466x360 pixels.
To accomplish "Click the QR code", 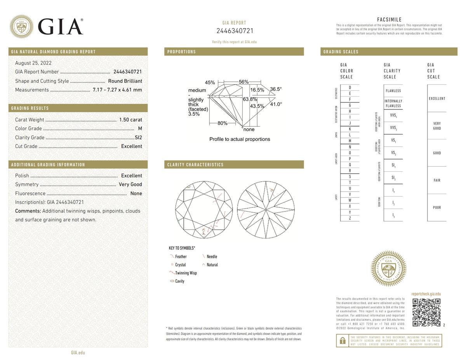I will [426, 313].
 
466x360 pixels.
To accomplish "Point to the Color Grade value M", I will [140, 129].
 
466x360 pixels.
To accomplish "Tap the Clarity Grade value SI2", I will [138, 137].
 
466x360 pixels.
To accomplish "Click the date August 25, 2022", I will [33, 63].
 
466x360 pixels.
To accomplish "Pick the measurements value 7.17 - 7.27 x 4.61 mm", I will [117, 90].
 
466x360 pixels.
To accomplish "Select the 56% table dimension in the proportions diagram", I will [243, 82].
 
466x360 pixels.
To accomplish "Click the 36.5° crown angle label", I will [276, 89].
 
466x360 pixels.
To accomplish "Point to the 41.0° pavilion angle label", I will [276, 104].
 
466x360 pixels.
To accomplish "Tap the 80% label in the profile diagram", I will [223, 123].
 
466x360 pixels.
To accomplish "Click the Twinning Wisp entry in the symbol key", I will [186, 273].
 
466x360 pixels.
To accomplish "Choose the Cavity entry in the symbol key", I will [179, 281].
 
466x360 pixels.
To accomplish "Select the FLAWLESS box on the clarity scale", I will [393, 91].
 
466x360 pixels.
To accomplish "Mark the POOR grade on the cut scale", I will [437, 208].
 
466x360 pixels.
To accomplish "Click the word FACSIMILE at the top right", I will [389, 20].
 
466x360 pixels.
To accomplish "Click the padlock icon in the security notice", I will [342, 341].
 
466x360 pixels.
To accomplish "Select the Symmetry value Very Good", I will [130, 184].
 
